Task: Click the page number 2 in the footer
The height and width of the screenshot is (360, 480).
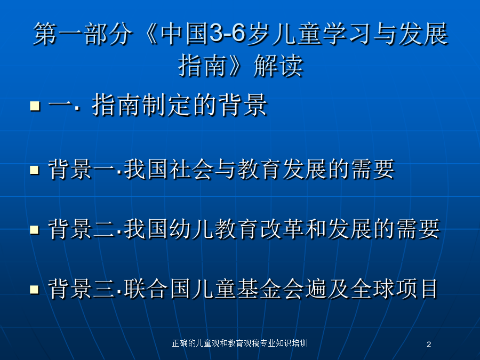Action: coord(429,345)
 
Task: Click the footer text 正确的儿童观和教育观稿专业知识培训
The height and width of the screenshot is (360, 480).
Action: coord(240,343)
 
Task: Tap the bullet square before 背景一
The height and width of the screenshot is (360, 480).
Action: coord(34,170)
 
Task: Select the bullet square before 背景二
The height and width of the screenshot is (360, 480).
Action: coord(34,229)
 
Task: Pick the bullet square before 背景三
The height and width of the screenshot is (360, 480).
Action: coord(34,289)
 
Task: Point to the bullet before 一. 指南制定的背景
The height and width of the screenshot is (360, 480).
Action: coord(35,106)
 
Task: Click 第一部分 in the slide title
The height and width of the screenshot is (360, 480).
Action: coord(83,34)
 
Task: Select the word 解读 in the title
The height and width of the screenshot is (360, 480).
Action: coord(278,66)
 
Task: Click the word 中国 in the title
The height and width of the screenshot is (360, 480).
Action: coord(185,34)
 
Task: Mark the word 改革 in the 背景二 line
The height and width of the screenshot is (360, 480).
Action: coord(282,229)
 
